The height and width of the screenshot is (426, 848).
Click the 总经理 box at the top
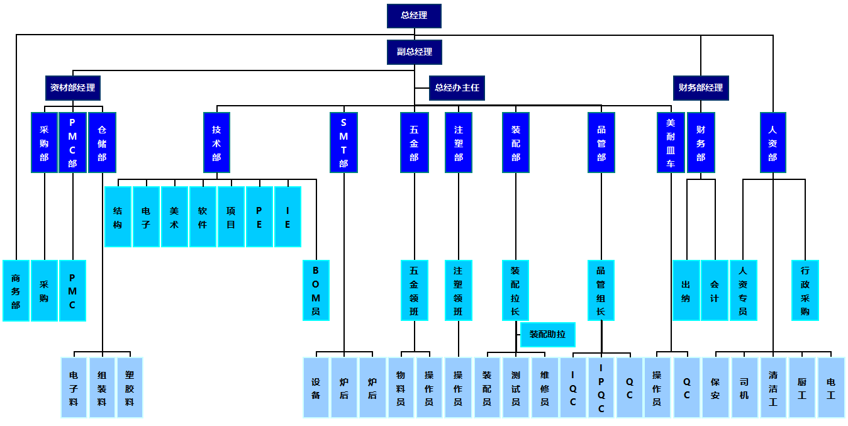click(x=414, y=16)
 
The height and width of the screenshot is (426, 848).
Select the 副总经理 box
click(x=414, y=52)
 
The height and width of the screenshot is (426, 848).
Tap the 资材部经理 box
click(x=73, y=88)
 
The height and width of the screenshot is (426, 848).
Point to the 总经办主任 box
click(x=457, y=88)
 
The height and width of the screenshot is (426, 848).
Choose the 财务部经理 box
click(x=701, y=88)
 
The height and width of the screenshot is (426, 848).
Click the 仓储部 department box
click(x=102, y=142)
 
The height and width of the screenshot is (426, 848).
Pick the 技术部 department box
click(x=216, y=142)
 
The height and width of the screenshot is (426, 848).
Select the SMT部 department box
click(x=343, y=142)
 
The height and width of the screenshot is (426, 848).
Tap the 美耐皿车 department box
click(x=671, y=142)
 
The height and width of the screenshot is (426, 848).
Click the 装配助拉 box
click(x=547, y=334)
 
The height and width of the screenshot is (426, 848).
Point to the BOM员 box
click(x=316, y=290)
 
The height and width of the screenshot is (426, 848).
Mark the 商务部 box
click(x=16, y=290)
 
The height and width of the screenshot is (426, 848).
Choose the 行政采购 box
click(x=805, y=290)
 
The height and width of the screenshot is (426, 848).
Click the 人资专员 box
click(x=743, y=290)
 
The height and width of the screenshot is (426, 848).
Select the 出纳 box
click(x=686, y=290)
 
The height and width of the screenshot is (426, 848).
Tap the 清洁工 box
click(x=773, y=388)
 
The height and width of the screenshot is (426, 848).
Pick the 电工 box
click(x=831, y=388)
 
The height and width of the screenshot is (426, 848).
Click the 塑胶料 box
click(x=130, y=388)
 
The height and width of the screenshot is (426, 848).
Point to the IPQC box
click(x=601, y=388)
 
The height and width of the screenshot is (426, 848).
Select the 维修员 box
click(x=545, y=388)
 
